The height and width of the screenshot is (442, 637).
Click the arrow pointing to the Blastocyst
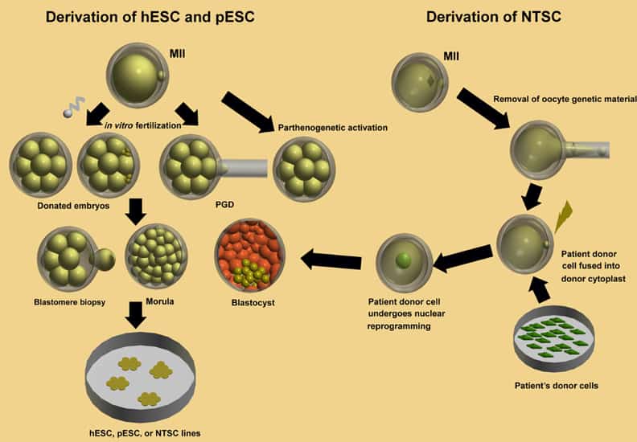(x=331, y=259)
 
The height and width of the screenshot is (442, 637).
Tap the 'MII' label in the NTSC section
(x=454, y=56)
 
